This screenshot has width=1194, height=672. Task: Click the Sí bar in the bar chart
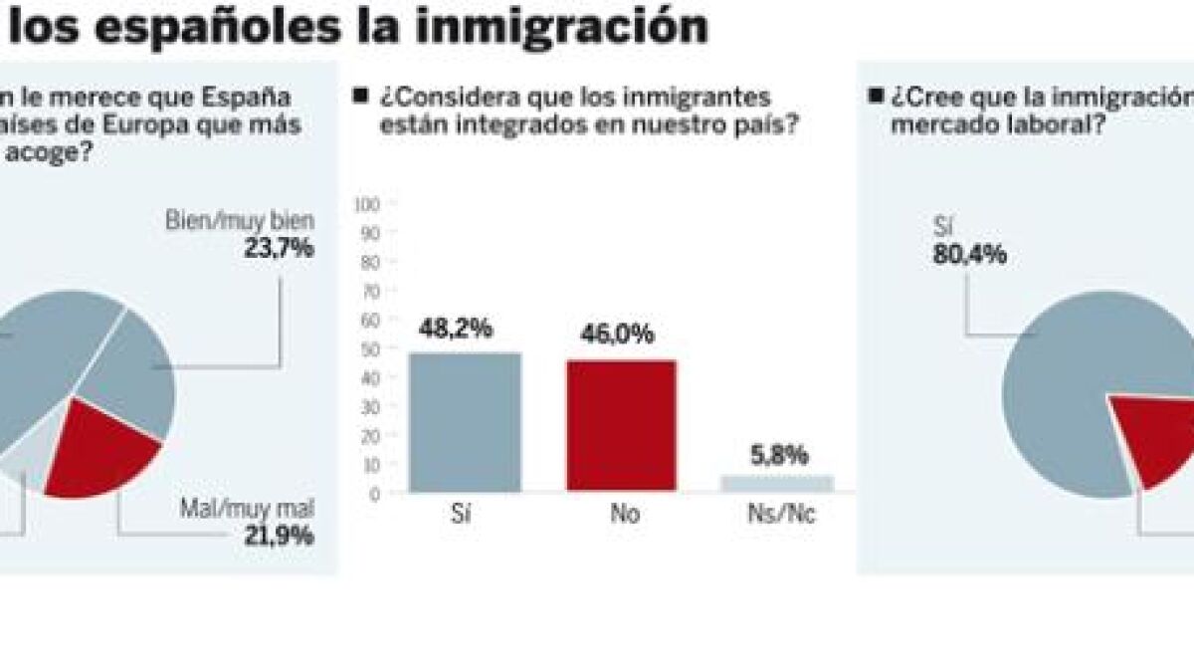click(x=465, y=421)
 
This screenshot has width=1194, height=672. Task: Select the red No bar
click(x=621, y=425)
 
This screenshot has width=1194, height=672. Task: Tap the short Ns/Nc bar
click(x=777, y=483)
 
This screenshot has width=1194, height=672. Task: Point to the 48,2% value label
click(x=457, y=328)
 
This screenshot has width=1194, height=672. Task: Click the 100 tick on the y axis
click(x=368, y=204)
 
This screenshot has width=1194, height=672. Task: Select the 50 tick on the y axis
click(x=371, y=349)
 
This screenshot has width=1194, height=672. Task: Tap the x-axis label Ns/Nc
click(x=779, y=516)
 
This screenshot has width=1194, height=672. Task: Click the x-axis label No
click(x=626, y=516)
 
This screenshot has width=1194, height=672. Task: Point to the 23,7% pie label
click(x=280, y=248)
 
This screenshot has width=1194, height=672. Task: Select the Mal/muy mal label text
click(x=247, y=510)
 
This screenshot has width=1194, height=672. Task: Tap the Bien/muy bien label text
click(x=239, y=221)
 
